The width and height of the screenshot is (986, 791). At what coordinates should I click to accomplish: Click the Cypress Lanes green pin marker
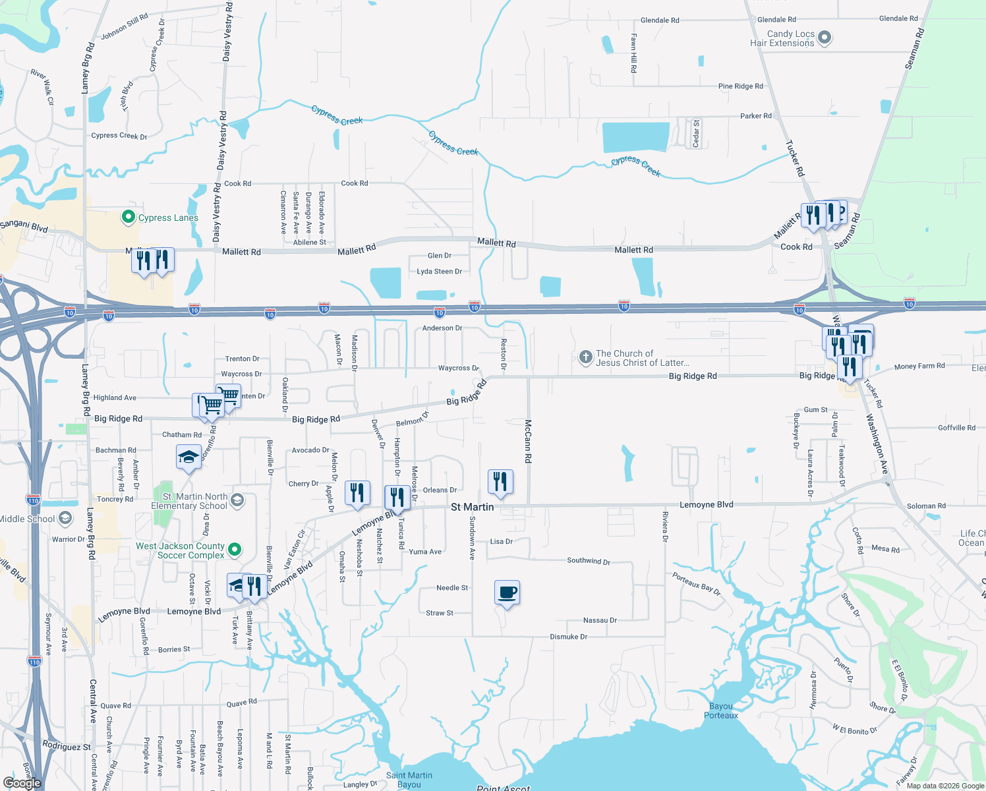point(129,217)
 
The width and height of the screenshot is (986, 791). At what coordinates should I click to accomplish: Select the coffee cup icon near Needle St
point(507,593)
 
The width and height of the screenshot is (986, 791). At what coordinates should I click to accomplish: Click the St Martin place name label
point(472,507)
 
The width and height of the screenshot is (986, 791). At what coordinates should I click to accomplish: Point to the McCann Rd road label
point(528,435)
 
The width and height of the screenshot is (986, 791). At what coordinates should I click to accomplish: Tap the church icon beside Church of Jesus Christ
point(585,357)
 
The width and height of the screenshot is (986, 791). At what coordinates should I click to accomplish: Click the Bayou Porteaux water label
point(721,711)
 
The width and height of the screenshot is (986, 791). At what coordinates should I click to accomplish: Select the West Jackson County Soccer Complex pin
point(234,550)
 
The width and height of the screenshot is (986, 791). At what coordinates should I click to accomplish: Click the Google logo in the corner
point(22,783)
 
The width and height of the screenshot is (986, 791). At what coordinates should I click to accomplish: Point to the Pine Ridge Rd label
point(740,86)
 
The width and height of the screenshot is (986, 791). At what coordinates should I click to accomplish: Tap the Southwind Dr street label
point(589,561)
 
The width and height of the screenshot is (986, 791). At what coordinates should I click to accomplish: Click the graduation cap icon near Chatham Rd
point(188,457)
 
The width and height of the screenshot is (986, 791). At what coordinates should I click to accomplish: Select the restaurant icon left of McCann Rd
point(500,481)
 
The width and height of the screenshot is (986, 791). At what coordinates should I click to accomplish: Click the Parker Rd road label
point(755,116)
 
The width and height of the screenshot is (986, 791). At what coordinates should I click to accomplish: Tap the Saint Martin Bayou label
point(409,780)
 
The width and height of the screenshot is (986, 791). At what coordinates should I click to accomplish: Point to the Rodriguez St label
point(67,746)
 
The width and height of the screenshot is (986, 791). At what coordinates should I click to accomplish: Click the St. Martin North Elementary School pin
point(237,500)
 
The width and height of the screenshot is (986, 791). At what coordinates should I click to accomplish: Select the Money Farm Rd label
point(919,366)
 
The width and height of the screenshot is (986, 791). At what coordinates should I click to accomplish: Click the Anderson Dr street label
point(442,328)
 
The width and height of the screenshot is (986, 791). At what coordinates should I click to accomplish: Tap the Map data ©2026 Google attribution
point(944,786)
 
